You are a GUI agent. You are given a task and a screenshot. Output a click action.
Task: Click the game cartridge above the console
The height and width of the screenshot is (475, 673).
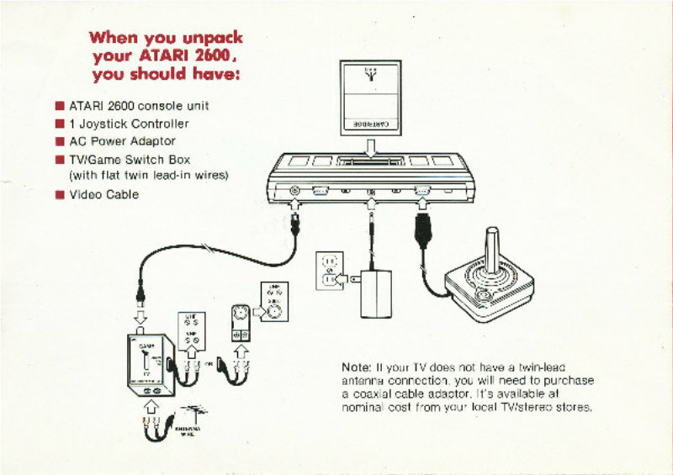370,97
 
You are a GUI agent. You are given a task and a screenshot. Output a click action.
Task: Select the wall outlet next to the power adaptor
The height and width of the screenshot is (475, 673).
331,271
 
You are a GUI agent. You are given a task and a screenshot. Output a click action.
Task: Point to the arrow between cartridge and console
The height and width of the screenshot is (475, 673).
371,147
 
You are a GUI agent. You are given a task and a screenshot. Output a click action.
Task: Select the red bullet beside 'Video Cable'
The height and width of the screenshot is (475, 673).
60,195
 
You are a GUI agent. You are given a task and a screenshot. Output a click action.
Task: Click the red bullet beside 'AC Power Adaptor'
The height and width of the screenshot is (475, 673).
60,141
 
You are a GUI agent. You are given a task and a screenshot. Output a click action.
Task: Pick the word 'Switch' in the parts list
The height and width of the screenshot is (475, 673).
146,159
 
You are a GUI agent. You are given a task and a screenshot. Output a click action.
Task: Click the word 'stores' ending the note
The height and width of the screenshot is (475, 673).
573,407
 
